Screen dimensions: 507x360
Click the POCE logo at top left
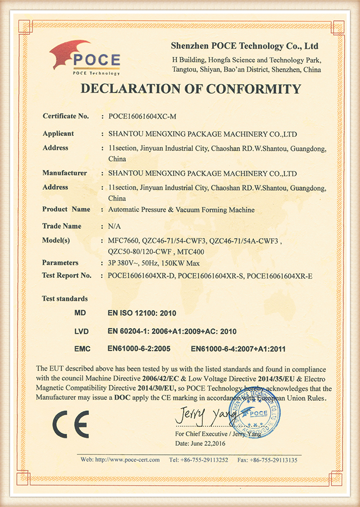click(85, 58)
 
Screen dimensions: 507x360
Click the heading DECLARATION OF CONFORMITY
click(190, 89)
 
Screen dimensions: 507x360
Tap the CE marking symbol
click(71, 424)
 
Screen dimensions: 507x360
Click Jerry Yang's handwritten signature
click(200, 416)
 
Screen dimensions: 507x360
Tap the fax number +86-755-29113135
click(267, 460)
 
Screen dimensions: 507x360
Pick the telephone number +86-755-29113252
click(199, 460)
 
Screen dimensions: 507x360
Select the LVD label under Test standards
click(81, 332)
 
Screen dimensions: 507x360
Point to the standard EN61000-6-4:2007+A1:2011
click(239, 349)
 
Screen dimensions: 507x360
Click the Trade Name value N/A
click(113, 226)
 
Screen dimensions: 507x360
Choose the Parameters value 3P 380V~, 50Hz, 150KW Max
click(152, 263)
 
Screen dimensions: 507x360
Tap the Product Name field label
click(66, 209)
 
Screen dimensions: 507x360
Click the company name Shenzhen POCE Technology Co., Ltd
click(245, 45)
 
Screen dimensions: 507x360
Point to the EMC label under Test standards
click(82, 349)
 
